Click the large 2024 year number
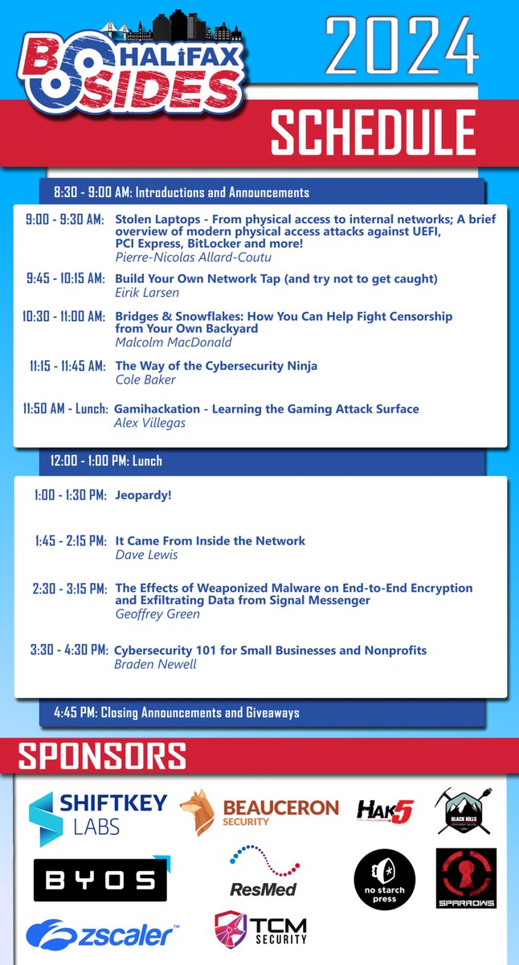pyautogui.click(x=402, y=47)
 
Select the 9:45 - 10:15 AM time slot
pyautogui.click(x=64, y=279)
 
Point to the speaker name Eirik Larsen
pyautogui.click(x=147, y=292)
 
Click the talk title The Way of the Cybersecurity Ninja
pyautogui.click(x=216, y=366)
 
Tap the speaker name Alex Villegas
pyautogui.click(x=150, y=422)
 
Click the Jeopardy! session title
pyautogui.click(x=143, y=495)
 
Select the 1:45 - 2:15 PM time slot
pyautogui.click(x=71, y=541)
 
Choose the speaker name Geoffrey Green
pyautogui.click(x=157, y=614)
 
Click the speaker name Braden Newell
pyautogui.click(x=155, y=663)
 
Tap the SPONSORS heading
pyautogui.click(x=102, y=757)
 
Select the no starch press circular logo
pyautogui.click(x=385, y=880)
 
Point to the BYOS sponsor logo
pyautogui.click(x=100, y=880)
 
